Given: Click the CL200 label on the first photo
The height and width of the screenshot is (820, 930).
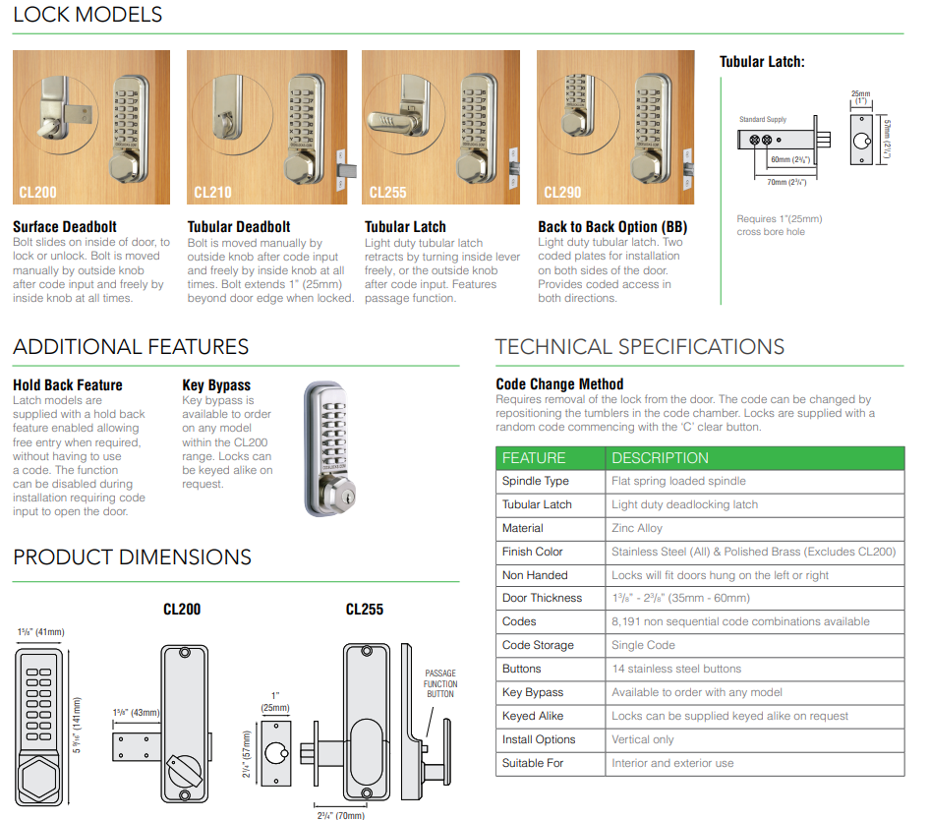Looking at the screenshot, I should tap(37, 193).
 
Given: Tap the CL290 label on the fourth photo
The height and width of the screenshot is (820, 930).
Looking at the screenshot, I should tap(562, 193).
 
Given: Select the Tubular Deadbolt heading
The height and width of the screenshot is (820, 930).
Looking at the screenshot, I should tap(239, 227).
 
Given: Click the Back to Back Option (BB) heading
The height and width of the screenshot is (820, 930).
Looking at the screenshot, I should tap(611, 227).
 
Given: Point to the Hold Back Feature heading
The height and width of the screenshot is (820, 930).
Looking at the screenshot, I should tap(68, 385).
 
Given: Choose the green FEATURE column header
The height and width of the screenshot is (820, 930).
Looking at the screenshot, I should tap(534, 458).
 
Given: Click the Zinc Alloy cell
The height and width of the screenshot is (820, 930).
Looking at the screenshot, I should tap(637, 528).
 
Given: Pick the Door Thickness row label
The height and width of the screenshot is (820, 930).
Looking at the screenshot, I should tap(542, 598).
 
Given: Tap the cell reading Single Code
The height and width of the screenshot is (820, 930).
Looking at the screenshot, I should tap(643, 645).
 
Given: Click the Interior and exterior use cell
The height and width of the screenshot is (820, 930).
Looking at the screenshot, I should tap(672, 763).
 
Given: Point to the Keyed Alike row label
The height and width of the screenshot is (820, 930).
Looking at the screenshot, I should tap(533, 716).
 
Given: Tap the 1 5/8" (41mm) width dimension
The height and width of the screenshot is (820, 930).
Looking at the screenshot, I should tap(40, 631).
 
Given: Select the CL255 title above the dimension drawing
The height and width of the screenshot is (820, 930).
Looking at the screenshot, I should tap(365, 610).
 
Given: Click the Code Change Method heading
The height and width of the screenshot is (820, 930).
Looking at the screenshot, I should tap(559, 384).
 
